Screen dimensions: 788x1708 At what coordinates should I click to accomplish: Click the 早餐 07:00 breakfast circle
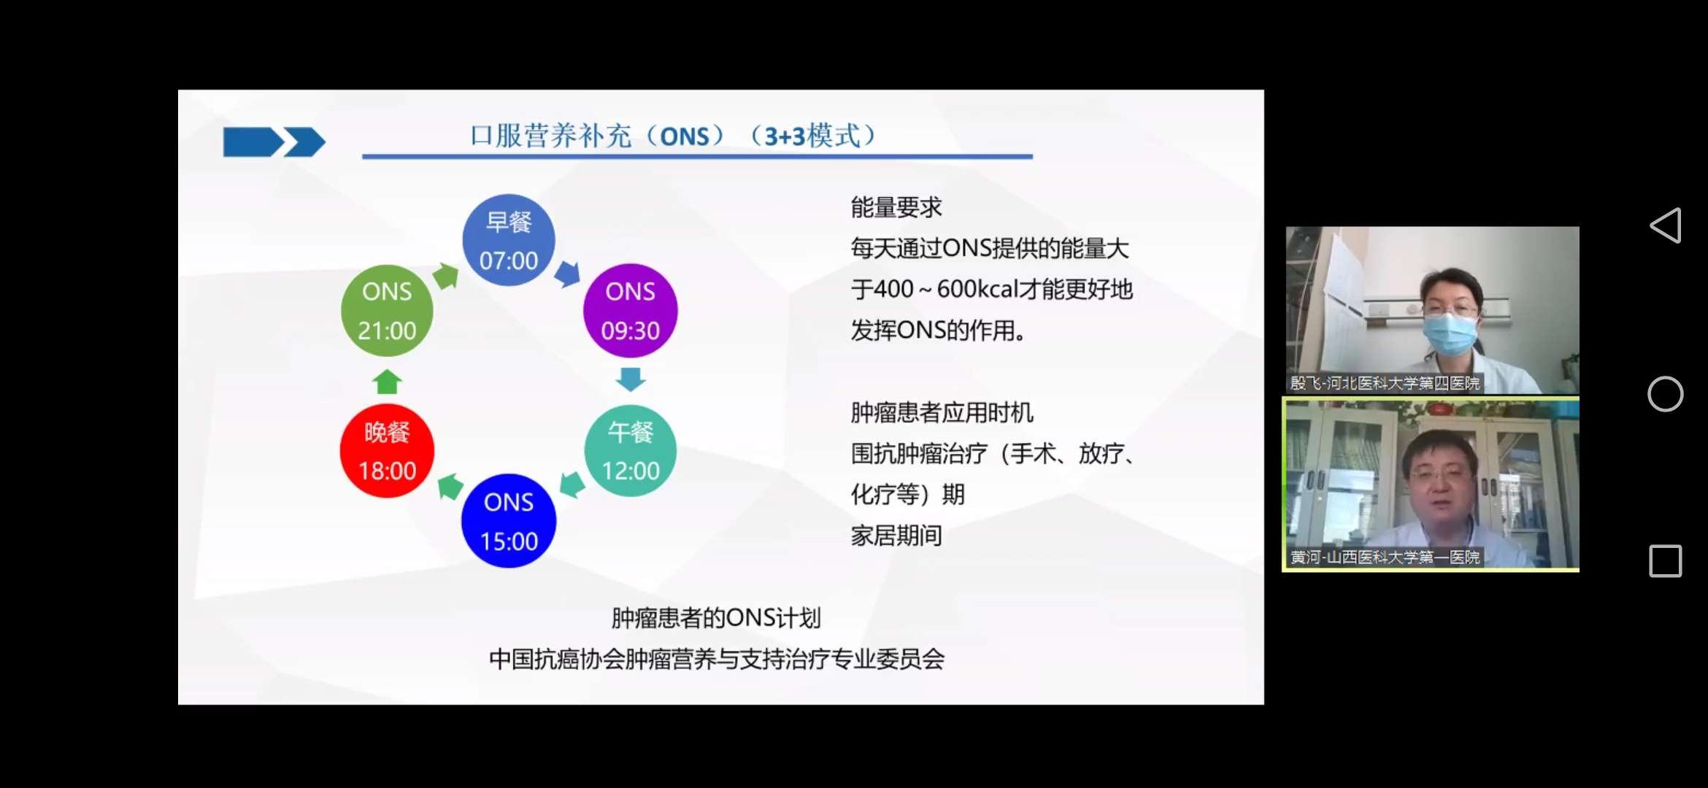tap(509, 240)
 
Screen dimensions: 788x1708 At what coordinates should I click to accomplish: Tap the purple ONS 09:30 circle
tap(630, 310)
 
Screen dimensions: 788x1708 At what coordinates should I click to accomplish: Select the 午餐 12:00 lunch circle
tap(630, 451)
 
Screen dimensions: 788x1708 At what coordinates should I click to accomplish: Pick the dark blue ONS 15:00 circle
tap(509, 521)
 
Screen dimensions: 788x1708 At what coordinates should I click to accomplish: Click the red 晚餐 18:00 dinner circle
tap(387, 451)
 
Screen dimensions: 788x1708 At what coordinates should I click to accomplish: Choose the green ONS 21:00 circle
tap(387, 310)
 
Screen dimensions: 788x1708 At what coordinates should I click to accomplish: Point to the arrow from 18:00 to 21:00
tap(387, 381)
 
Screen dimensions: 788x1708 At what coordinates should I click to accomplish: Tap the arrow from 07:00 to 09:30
tap(567, 274)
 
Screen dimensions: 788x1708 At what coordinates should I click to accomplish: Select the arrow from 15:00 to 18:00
tap(450, 486)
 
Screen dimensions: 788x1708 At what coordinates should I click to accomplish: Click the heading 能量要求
tap(896, 208)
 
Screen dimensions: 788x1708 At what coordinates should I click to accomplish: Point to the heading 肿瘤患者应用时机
tap(942, 413)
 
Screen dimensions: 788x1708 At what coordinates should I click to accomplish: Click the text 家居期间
tap(896, 536)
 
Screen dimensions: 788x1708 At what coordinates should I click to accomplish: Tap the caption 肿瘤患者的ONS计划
tap(716, 618)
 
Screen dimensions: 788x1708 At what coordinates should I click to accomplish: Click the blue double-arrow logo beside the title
tap(274, 142)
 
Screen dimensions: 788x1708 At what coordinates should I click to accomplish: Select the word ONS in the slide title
tap(685, 136)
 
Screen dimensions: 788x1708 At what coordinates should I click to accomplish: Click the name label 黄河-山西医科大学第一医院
tap(1385, 557)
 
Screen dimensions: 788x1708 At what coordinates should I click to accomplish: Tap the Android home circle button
tap(1665, 394)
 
